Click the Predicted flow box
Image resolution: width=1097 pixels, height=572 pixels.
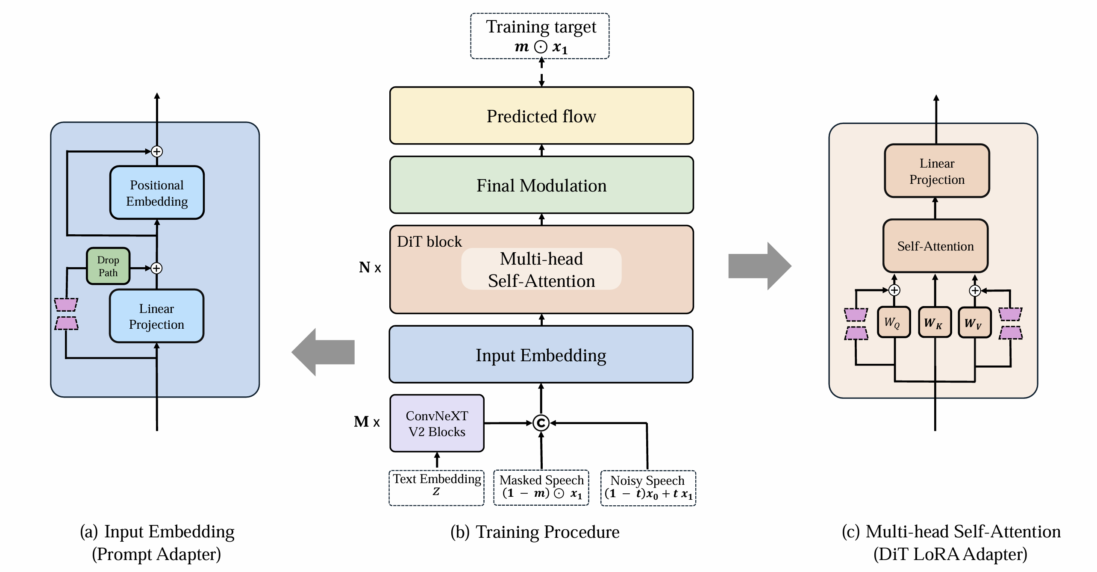click(x=541, y=116)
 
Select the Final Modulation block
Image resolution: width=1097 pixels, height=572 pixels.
click(x=541, y=185)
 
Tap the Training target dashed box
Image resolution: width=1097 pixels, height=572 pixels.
click(x=540, y=36)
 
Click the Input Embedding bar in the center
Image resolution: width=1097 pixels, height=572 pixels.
click(x=541, y=355)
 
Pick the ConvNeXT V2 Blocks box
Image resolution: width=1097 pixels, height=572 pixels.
click(x=437, y=423)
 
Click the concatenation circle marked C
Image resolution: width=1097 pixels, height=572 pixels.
click(x=541, y=423)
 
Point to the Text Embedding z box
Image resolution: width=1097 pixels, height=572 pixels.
click(x=436, y=488)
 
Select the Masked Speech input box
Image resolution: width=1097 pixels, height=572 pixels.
click(x=541, y=488)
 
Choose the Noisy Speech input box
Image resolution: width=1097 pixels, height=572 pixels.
click(x=648, y=488)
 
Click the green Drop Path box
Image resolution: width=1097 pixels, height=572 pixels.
click(x=108, y=266)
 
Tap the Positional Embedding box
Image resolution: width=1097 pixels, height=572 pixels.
click(x=157, y=193)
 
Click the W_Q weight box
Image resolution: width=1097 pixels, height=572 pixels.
click(x=894, y=322)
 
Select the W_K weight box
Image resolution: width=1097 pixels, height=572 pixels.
click(x=935, y=322)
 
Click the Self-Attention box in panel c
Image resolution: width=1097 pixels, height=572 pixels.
click(x=935, y=246)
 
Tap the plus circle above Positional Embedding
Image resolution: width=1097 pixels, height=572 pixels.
click(x=157, y=151)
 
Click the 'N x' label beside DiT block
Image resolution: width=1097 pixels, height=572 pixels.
click(x=370, y=268)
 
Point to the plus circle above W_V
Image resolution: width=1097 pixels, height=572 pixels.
click(x=975, y=291)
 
